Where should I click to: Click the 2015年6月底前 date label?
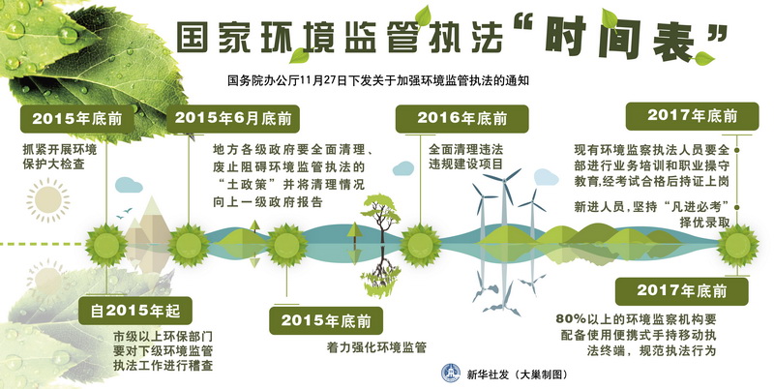point(233,118)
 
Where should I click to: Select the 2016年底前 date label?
point(462,118)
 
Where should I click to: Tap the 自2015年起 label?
point(135,311)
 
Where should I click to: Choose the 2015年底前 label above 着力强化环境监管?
point(326,321)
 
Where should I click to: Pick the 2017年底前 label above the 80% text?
point(682,290)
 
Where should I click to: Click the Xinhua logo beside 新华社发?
point(450,374)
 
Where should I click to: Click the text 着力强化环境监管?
point(376,347)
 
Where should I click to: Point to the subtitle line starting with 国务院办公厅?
point(378,80)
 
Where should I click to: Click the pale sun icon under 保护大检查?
point(47,200)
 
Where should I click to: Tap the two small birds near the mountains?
point(125,213)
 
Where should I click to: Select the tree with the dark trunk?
point(380,217)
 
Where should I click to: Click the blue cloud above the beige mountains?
point(129,185)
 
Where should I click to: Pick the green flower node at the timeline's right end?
point(737,246)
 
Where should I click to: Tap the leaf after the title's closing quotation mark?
point(703,59)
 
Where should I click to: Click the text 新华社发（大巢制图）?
point(518,374)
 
